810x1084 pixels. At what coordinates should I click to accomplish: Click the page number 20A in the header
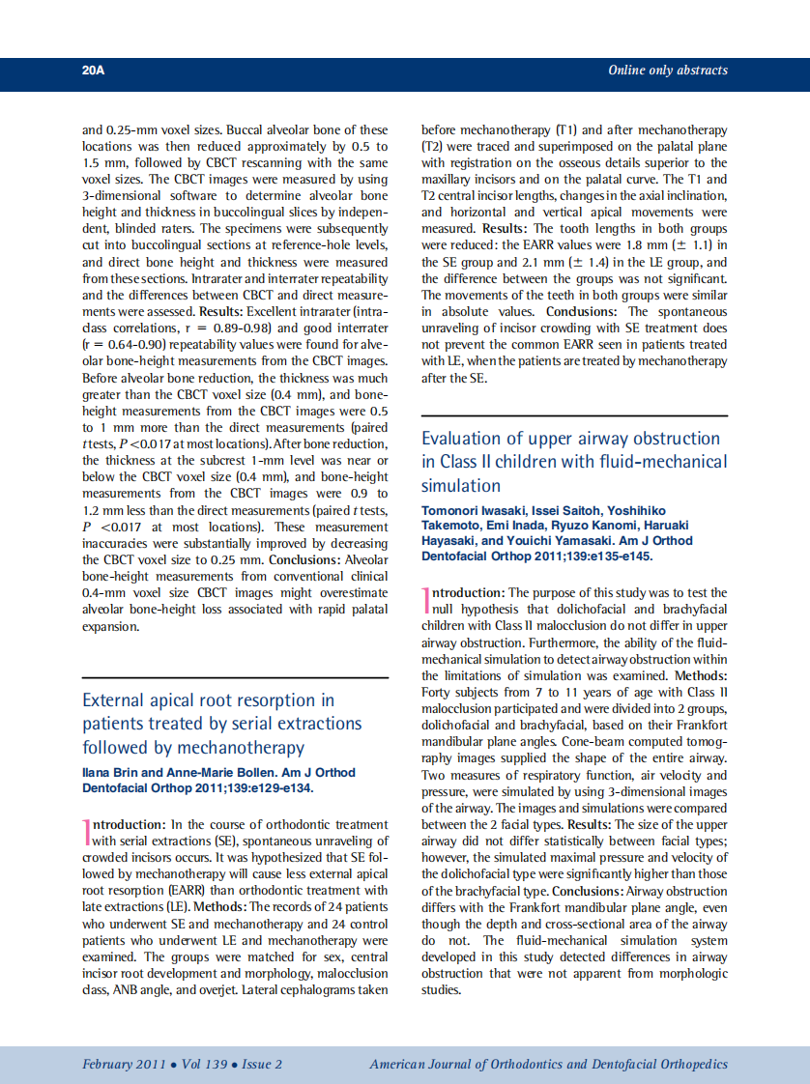[93, 71]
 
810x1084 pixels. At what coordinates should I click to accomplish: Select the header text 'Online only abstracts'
[667, 71]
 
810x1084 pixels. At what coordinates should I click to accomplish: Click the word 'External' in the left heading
[116, 700]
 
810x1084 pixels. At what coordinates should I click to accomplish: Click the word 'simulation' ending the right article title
[461, 486]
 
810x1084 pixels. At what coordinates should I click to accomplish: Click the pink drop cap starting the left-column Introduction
[86, 832]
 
